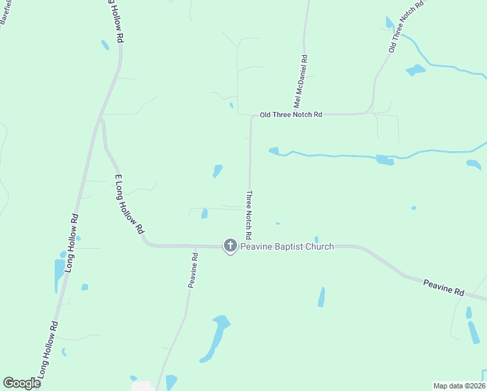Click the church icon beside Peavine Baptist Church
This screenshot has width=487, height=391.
tap(230, 246)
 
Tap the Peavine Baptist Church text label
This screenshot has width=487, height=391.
tap(287, 246)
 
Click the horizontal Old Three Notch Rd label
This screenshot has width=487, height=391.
tap(290, 115)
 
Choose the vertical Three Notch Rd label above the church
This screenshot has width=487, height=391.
tap(248, 214)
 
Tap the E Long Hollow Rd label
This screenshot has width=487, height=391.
tap(128, 203)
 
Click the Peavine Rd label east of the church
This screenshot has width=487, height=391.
tap(443, 288)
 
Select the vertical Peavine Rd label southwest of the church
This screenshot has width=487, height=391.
tap(192, 270)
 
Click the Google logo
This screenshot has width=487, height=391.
tap(21, 383)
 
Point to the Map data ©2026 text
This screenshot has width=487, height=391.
tap(459, 386)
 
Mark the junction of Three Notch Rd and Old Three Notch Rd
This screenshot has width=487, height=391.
tap(251, 116)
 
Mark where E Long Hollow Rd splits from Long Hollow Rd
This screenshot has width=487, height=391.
tap(102, 119)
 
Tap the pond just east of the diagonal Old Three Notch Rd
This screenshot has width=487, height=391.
tap(415, 69)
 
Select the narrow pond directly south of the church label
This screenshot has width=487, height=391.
tap(322, 297)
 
